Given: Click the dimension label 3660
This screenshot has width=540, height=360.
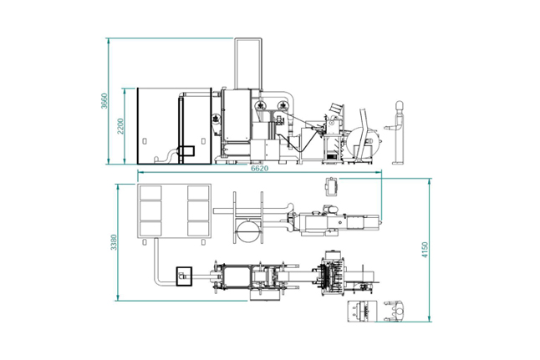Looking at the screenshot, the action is [104, 100].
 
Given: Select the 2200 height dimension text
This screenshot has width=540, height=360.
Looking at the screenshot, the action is [120, 126].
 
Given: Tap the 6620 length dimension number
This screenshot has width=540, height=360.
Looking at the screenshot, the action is [259, 168].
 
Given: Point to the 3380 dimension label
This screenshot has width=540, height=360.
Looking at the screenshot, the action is [114, 242].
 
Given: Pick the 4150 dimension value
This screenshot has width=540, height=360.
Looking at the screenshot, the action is [425, 250].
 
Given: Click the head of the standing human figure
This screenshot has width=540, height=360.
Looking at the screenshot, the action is [399, 104].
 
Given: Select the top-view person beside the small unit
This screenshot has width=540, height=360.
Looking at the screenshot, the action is [395, 311].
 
